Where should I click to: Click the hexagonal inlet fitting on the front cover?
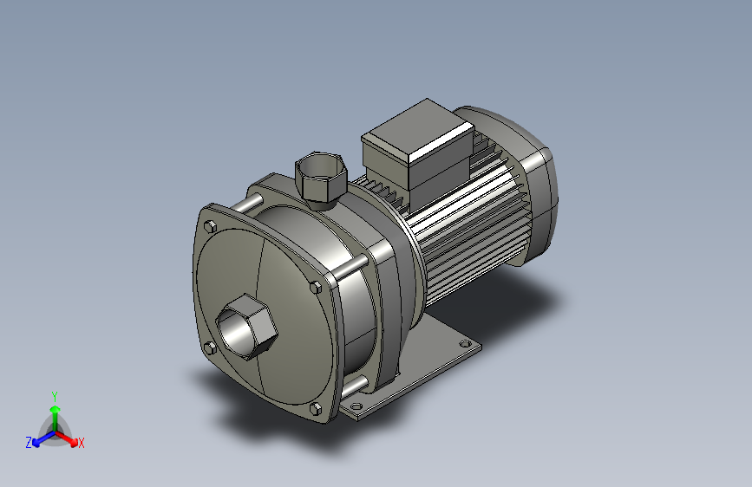point(246,327)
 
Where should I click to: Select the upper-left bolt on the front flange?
point(210,226)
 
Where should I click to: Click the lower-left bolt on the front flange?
point(210,348)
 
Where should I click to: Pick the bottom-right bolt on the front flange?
point(316,409)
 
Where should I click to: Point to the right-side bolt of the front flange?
point(315,287)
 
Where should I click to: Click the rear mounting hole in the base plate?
point(465,344)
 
